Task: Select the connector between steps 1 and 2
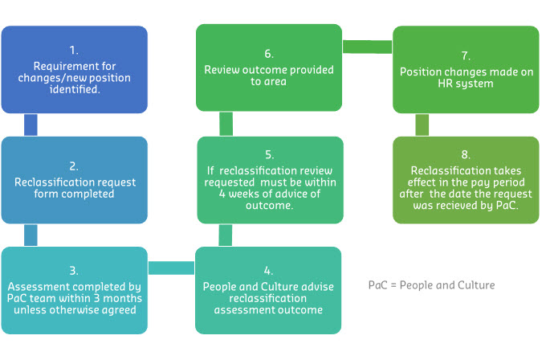click(31, 125)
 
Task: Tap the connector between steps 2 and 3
click(31, 235)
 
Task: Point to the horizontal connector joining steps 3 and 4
click(171, 267)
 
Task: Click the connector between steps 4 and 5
click(226, 235)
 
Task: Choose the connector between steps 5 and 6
click(226, 124)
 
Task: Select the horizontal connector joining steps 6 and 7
click(367, 47)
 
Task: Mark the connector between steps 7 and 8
click(422, 125)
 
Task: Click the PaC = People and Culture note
click(432, 285)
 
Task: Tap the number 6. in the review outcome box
click(269, 55)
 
